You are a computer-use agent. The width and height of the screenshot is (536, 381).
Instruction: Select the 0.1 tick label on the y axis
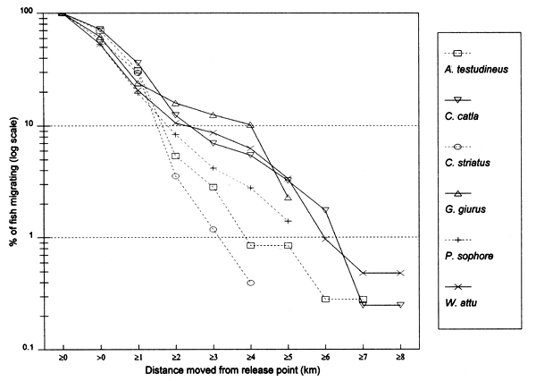pyautogui.click(x=35, y=349)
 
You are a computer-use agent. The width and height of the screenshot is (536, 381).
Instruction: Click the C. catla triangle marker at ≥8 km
pyautogui.click(x=400, y=305)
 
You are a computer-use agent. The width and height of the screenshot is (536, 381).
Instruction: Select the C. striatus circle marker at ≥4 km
pyautogui.click(x=250, y=283)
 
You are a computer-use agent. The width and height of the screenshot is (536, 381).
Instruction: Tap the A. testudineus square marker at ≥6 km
pyautogui.click(x=325, y=299)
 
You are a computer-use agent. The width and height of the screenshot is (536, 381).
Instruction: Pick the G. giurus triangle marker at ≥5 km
pyautogui.click(x=288, y=198)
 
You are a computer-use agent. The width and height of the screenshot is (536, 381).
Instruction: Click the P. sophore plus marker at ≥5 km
pyautogui.click(x=288, y=221)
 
